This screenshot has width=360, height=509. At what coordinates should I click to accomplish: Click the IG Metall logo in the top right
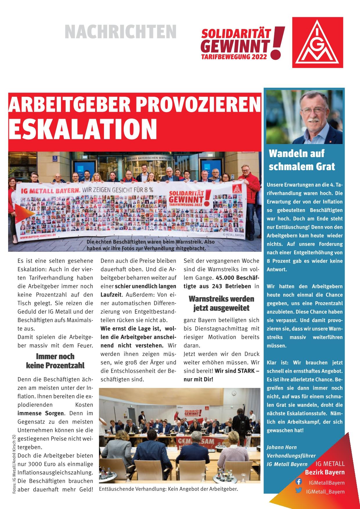tap(318, 42)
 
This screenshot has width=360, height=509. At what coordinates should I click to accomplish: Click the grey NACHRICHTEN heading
tap(120, 32)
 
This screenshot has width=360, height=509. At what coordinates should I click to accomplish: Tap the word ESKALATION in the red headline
tap(82, 129)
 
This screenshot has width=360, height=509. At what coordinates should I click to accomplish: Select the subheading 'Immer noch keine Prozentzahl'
tap(55, 361)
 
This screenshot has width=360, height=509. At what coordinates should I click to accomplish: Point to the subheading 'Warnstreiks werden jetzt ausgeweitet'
tap(221, 303)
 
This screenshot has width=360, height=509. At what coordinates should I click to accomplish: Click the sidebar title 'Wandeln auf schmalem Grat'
tap(302, 160)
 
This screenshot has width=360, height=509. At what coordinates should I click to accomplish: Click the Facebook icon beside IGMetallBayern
tap(298, 482)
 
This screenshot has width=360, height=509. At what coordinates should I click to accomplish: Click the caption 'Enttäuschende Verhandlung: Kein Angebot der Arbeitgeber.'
tap(168, 489)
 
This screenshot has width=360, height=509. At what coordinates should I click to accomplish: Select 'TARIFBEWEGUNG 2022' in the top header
tap(234, 57)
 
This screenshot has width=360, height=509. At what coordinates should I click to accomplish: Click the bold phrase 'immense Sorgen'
tap(41, 413)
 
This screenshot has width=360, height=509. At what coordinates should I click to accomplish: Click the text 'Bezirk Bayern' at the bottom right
tap(325, 472)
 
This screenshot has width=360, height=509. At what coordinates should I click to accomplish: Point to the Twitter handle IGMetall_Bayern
tap(325, 491)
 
